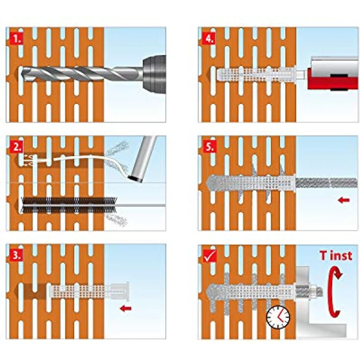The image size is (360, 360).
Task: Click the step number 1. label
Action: pos(16,38)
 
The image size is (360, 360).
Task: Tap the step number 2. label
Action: pos(16,147)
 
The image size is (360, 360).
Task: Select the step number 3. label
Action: pos(16,255)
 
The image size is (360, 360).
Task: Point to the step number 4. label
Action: pos(209,38)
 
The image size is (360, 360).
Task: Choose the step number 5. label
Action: pos(209,147)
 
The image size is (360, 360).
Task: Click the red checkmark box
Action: pos(210,255)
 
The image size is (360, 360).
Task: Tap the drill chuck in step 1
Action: pos(154,74)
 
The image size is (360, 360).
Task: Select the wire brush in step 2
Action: pos(69,205)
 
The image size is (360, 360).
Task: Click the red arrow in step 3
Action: pos(126,308)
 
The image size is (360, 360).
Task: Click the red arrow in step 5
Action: pos(344,200)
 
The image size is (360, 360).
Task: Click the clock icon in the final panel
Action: pos(278,317)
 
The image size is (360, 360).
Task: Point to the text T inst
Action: pos(336,255)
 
